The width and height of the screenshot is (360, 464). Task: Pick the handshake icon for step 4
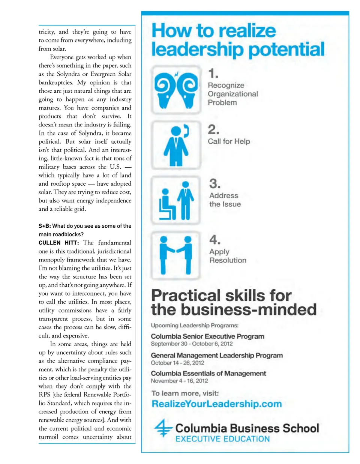pos(176,255)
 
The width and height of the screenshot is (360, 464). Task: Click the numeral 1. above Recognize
pos(213,73)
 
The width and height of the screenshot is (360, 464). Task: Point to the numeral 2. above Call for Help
pos(214,129)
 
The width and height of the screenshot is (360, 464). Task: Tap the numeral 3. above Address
pos(215,184)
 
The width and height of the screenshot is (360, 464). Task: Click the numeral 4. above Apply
pos(215,239)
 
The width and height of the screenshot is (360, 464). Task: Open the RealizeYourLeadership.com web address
pos(216,404)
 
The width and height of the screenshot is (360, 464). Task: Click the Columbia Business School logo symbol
pos(163,428)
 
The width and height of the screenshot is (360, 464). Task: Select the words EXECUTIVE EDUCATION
pos(222,439)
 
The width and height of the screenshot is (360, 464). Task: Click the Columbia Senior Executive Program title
pos(207,336)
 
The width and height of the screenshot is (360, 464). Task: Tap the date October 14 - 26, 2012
pos(177,363)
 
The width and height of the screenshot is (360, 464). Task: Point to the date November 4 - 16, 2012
pos(179,381)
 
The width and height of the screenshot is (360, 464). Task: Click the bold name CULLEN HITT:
pos(58,243)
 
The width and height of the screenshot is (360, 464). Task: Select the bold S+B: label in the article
pos(45,226)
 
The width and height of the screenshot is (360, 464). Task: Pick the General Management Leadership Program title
pos(217,355)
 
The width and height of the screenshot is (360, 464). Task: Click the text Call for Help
pos(229,141)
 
